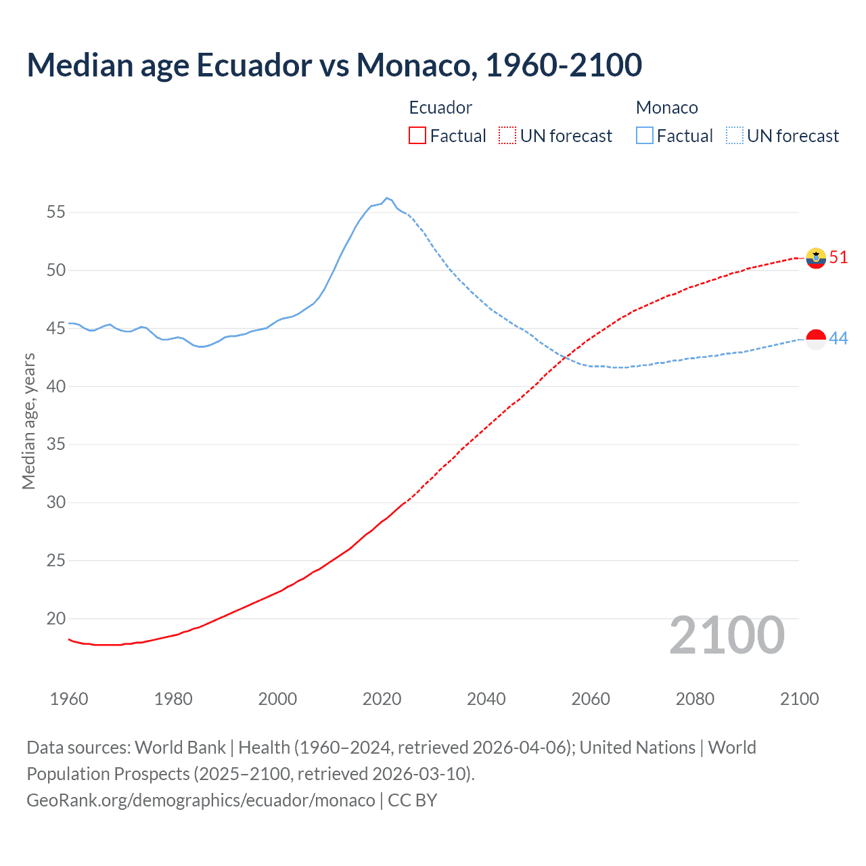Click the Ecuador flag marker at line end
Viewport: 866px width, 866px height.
[816, 258]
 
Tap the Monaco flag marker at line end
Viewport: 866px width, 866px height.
[816, 339]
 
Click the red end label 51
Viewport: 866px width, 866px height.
[838, 258]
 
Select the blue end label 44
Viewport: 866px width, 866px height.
[838, 338]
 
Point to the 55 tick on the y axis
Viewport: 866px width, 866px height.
[56, 212]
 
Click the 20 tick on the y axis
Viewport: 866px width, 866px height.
[56, 618]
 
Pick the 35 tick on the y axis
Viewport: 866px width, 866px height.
[56, 445]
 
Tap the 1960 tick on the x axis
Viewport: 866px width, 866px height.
[69, 699]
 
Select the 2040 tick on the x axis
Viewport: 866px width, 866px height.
[486, 699]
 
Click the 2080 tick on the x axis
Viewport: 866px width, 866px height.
[695, 699]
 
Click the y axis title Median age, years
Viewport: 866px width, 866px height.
[28, 421]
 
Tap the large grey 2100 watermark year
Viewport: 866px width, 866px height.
[727, 635]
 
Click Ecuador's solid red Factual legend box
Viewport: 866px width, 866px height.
[417, 136]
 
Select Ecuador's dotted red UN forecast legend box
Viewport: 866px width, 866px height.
[507, 136]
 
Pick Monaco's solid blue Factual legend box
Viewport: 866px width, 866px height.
[644, 136]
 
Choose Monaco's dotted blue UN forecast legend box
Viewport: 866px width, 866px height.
[734, 136]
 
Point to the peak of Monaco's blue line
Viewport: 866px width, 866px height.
[386, 198]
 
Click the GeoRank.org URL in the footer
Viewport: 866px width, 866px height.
[200, 800]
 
